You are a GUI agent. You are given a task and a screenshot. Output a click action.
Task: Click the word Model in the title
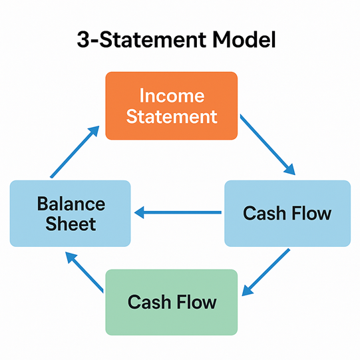tap(244, 39)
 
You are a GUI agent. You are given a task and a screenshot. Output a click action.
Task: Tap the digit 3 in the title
tap(83, 39)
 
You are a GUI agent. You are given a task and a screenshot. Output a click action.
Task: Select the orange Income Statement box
tap(172, 106)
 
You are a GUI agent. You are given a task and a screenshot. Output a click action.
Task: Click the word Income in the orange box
tap(172, 96)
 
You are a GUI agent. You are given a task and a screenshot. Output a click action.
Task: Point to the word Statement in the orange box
tap(172, 116)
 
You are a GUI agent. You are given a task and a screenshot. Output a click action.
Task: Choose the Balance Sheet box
tap(71, 214)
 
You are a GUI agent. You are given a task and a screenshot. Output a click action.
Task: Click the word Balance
tap(71, 204)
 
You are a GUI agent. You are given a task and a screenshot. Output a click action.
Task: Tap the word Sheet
tap(71, 224)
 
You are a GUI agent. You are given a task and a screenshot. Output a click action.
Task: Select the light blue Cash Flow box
tap(287, 214)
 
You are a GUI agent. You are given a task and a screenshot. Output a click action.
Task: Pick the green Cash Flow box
tap(172, 302)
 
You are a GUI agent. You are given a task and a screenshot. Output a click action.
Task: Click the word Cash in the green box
tap(149, 302)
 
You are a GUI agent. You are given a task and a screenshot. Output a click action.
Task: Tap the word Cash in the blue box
tap(264, 214)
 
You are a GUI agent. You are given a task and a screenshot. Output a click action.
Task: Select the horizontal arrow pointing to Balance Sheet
tap(178, 212)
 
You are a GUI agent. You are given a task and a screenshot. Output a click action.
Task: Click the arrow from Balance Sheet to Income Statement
tap(75, 152)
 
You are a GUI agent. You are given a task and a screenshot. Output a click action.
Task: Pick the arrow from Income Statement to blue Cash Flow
tap(268, 144)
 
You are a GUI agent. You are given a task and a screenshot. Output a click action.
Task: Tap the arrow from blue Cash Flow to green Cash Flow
tap(266, 272)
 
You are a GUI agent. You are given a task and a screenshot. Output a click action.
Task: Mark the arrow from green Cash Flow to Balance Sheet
tap(85, 272)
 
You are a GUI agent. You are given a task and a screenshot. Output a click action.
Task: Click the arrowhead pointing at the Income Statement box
tap(94, 131)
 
